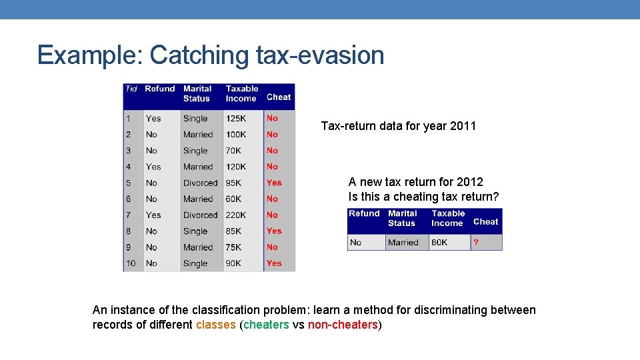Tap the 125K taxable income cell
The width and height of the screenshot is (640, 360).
coord(236,119)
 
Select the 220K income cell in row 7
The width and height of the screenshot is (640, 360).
coord(236,215)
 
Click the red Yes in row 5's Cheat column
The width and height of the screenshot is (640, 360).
coord(274,183)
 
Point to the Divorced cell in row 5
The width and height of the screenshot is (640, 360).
coord(200,183)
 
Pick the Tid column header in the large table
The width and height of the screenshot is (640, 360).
coord(131,89)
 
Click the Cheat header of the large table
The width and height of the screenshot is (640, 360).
coord(279,97)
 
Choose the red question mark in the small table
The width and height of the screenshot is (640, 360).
coord(476,243)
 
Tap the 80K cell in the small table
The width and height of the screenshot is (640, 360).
coord(439,243)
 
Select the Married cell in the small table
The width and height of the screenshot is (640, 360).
coord(403,243)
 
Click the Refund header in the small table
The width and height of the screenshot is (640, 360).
coord(364,214)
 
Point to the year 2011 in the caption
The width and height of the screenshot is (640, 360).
coord(462,126)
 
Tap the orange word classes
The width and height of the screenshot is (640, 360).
coord(216,325)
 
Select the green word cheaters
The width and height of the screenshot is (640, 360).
coord(266,325)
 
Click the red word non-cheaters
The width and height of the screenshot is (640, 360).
coord(343,325)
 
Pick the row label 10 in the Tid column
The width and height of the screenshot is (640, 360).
coord(131,263)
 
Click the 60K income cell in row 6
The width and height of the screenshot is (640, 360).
coord(233,199)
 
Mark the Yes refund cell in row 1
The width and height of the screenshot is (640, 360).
coord(153,119)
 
